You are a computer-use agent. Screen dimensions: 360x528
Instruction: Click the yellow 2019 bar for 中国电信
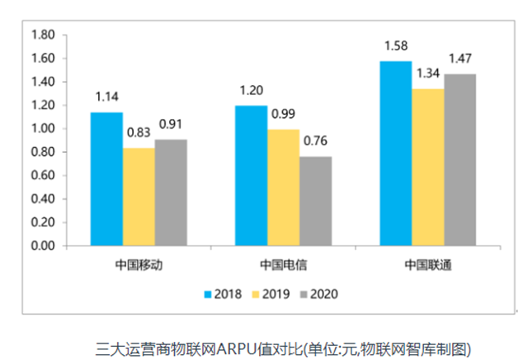tap(283, 187)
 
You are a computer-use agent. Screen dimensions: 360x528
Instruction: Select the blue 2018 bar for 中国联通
tap(396, 153)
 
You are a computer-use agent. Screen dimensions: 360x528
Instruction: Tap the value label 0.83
tap(139, 132)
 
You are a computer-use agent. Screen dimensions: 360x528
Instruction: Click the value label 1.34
tap(428, 73)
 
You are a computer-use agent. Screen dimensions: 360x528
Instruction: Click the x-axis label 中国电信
tap(283, 266)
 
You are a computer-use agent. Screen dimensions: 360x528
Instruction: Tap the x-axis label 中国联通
tap(427, 266)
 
